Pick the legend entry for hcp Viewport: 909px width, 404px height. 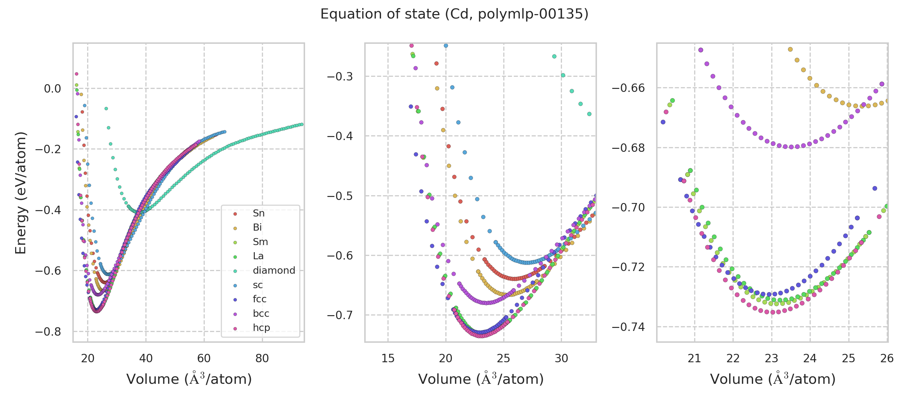[x=261, y=328]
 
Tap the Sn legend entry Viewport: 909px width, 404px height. [x=258, y=213]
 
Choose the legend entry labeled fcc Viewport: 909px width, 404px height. [x=259, y=299]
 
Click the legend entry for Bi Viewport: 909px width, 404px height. [x=257, y=227]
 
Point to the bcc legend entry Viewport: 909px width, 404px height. [x=261, y=313]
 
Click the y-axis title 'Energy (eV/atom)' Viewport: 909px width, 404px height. [x=21, y=193]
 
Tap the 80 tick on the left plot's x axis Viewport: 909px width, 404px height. [x=262, y=358]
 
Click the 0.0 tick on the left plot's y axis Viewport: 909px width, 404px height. [x=52, y=89]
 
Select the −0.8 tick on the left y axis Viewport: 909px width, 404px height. [x=48, y=332]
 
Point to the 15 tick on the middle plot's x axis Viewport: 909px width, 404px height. [x=388, y=358]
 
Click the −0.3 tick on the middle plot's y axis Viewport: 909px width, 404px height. [x=340, y=76]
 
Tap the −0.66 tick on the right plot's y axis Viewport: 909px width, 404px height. [x=628, y=88]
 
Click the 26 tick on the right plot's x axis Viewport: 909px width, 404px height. [x=887, y=358]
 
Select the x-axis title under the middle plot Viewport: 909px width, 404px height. [x=481, y=379]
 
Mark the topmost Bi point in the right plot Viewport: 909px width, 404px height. [x=790, y=49]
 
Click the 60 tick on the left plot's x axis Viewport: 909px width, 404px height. [x=204, y=358]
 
